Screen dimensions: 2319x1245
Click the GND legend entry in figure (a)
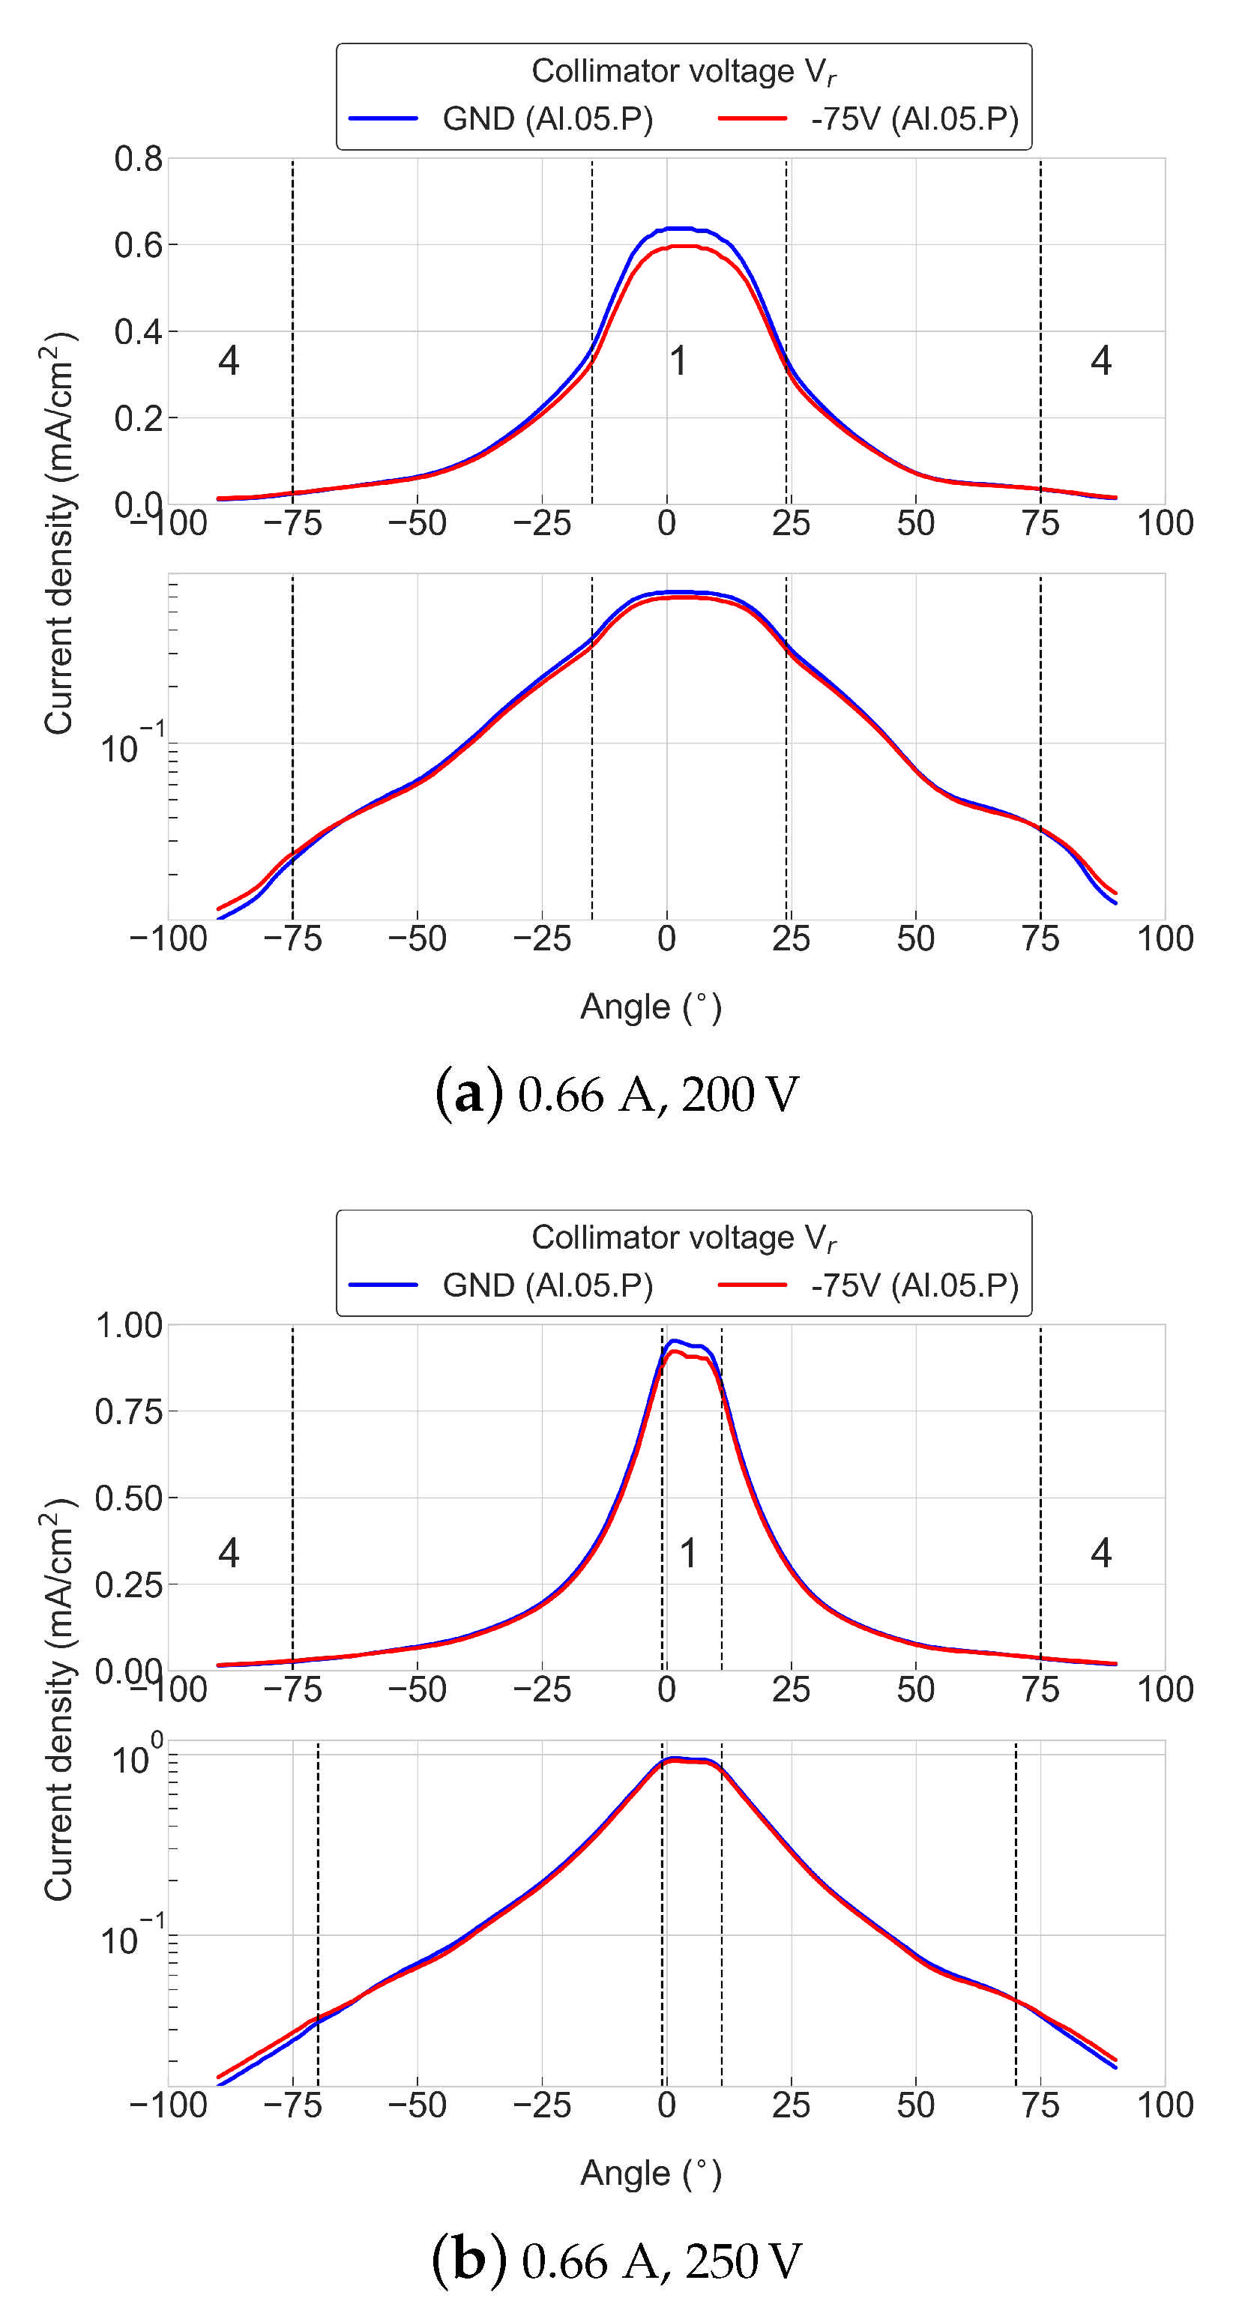click(x=547, y=119)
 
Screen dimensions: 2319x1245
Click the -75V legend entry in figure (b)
click(x=914, y=1285)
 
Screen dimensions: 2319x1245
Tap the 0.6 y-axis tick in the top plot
click(x=138, y=245)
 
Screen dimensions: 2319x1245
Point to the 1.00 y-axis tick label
click(x=129, y=1325)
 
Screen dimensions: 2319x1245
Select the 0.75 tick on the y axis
click(x=129, y=1411)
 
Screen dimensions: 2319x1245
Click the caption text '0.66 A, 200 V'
click(x=658, y=1096)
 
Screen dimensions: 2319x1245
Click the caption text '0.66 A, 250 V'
click(x=662, y=2261)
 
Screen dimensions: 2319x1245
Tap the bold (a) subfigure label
click(x=468, y=1095)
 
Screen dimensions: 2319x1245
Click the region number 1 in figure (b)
click(x=688, y=1553)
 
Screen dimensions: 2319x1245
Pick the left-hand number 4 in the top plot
click(x=229, y=361)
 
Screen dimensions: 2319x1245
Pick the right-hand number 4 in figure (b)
click(x=1100, y=1553)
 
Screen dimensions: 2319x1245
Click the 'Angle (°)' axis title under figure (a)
click(x=650, y=1007)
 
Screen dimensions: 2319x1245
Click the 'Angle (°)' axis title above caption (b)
click(x=650, y=2173)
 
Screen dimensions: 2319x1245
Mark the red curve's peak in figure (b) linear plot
click(x=673, y=1352)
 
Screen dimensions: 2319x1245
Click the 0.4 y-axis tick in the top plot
click(x=138, y=331)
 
